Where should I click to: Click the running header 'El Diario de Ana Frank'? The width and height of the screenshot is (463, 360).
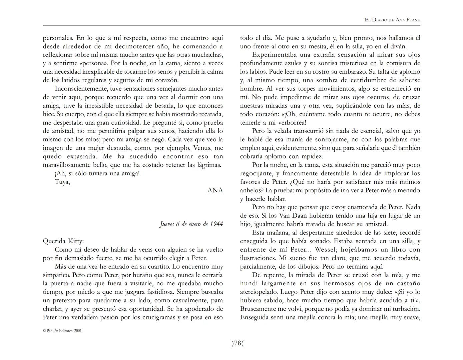pos(393,20)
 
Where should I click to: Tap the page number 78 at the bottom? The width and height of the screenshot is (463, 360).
pos(238,343)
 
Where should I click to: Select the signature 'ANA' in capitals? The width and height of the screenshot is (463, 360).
pos(215,190)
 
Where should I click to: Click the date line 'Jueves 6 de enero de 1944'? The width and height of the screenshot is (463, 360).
pos(191,224)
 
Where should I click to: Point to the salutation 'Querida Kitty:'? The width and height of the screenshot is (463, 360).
pos(63,241)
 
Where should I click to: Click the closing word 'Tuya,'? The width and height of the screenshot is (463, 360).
pos(62,182)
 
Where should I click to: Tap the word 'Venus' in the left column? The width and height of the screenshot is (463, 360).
pos(202,148)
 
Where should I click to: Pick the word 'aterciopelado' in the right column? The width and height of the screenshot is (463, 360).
pos(259,292)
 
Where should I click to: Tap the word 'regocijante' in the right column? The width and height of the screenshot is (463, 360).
pos(257,173)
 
